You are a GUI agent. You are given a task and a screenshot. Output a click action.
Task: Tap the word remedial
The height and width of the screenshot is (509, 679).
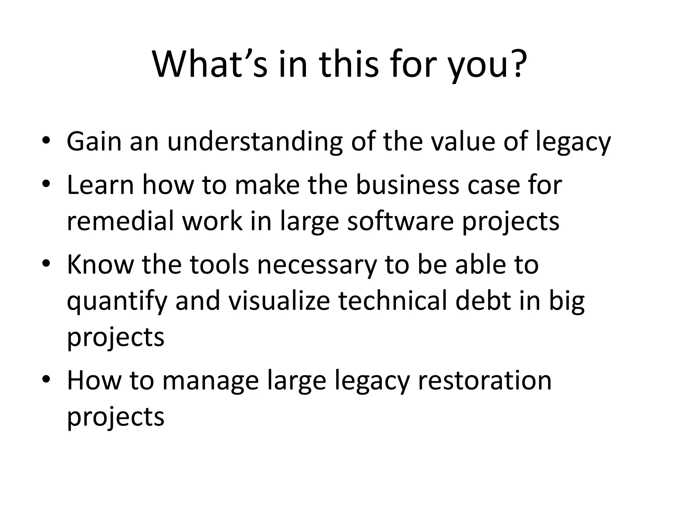120,221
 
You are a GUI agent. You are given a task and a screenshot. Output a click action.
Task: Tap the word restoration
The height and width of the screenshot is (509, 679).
485,380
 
